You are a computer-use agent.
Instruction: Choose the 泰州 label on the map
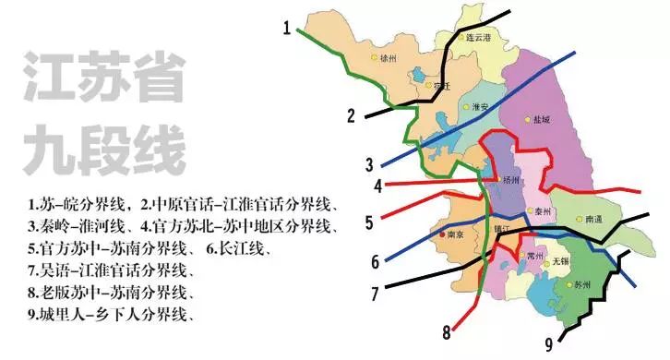pos(542,212)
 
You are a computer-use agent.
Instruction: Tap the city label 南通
pos(595,220)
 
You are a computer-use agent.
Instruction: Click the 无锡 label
pos(557,261)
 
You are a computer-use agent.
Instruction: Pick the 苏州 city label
pos(581,285)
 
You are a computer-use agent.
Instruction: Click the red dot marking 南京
pos(441,234)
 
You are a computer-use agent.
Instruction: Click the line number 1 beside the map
pos(288,29)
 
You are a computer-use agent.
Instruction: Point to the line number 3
pos(369,166)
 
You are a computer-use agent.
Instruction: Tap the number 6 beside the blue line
pos(376,261)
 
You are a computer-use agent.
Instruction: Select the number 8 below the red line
pos(448,330)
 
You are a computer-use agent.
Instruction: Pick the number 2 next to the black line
pos(351,116)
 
